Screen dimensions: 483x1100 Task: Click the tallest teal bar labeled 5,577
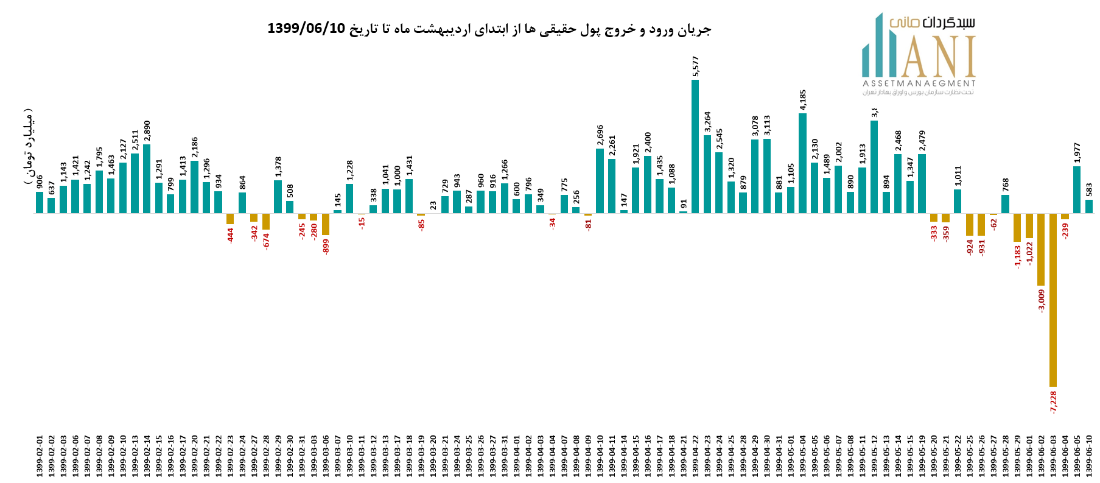pyautogui.click(x=695, y=146)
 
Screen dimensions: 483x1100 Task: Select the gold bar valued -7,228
pyautogui.click(x=1053, y=300)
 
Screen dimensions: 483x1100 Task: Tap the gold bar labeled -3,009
pyautogui.click(x=1041, y=250)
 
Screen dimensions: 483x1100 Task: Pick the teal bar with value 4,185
pyautogui.click(x=802, y=163)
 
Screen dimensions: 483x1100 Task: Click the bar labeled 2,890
pyautogui.click(x=147, y=178)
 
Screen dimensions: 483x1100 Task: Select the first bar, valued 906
pyautogui.click(x=40, y=202)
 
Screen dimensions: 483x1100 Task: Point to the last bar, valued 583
pyautogui.click(x=1089, y=206)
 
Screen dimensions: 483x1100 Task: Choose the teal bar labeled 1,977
pyautogui.click(x=1077, y=189)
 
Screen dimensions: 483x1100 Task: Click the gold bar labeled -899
pyautogui.click(x=326, y=224)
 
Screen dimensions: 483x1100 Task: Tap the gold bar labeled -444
pyautogui.click(x=230, y=219)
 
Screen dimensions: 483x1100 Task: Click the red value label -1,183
pyautogui.click(x=1017, y=257)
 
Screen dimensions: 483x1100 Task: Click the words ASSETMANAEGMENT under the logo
pyautogui.click(x=919, y=83)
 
